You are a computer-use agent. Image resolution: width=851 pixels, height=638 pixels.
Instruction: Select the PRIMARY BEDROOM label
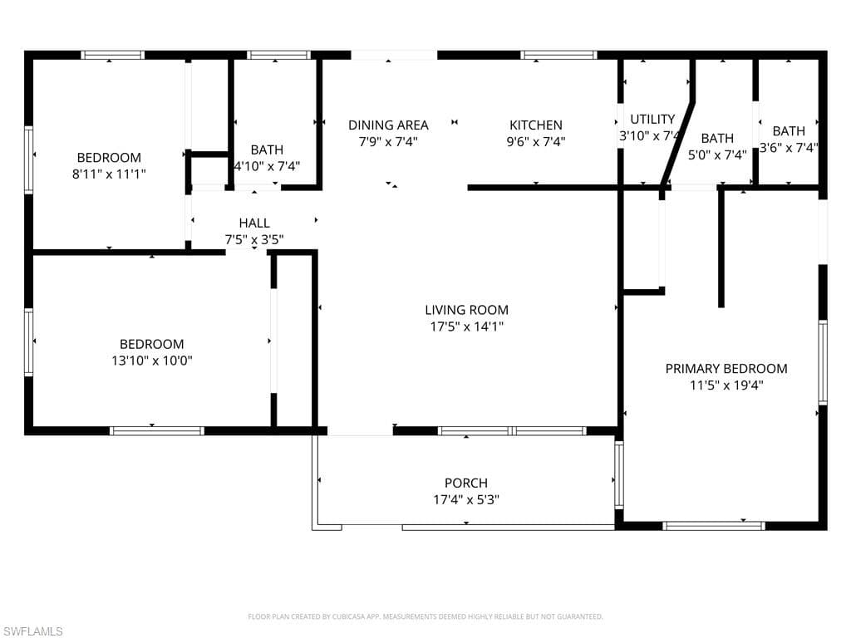point(726,368)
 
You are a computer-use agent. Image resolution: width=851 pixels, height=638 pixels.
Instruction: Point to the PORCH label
point(465,483)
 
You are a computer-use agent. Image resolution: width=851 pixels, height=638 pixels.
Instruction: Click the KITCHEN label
point(535,125)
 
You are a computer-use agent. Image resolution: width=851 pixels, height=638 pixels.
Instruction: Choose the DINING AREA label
point(388,125)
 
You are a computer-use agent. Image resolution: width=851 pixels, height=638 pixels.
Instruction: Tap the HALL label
point(254,223)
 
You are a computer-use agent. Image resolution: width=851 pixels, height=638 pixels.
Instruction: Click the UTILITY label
point(652,119)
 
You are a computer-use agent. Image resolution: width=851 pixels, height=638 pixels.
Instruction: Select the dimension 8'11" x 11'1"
point(109,174)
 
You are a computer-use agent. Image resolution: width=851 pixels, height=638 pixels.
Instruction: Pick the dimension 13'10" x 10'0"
point(151,361)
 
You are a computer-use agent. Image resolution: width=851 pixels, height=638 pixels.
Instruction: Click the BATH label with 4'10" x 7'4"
point(267,150)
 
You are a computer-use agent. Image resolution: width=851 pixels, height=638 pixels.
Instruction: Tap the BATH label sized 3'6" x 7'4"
point(789,130)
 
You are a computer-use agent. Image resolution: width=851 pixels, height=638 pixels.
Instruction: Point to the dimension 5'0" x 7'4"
point(717,155)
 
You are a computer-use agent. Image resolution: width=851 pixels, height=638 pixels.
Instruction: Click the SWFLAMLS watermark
point(32,631)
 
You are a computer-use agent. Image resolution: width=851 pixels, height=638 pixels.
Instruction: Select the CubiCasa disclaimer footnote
point(425,616)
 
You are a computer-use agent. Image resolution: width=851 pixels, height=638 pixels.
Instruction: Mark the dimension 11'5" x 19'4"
point(726,385)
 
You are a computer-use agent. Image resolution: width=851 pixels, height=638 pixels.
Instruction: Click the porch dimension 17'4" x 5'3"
point(465,499)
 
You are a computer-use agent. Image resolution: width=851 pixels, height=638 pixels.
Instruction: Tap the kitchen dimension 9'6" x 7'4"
point(535,141)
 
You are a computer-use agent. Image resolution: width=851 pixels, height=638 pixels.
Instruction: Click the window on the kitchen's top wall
point(558,56)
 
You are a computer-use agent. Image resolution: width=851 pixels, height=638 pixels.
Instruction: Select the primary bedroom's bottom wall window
point(713,525)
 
